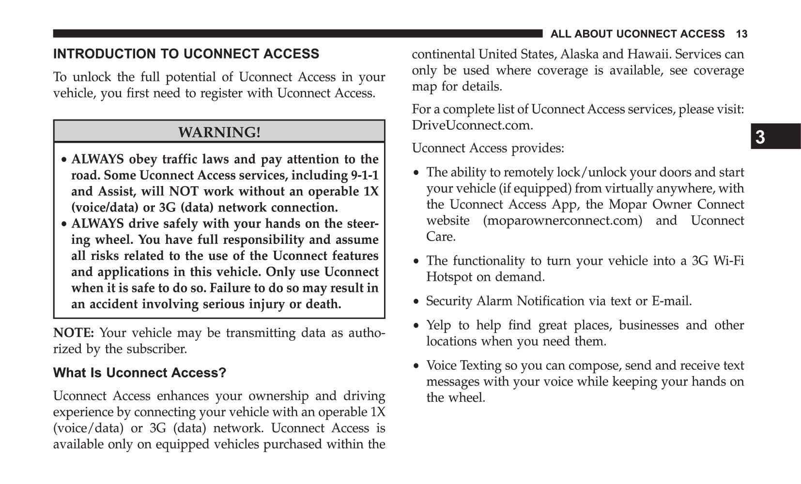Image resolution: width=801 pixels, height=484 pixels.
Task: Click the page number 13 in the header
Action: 741,34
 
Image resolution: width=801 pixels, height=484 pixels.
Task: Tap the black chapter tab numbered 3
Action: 775,136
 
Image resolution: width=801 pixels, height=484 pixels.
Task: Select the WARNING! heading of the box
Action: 219,132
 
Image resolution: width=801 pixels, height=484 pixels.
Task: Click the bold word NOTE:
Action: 74,333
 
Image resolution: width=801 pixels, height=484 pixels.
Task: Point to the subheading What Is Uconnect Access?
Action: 139,373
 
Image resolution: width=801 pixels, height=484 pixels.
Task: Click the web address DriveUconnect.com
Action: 472,125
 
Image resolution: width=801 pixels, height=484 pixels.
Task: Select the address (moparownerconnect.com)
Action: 562,221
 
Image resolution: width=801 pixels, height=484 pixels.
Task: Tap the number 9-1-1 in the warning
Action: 365,175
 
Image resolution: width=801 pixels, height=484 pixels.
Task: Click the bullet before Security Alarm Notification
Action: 416,302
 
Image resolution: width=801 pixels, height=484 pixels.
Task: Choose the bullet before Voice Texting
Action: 416,366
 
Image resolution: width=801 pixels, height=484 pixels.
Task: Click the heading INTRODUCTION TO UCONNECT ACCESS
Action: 186,54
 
